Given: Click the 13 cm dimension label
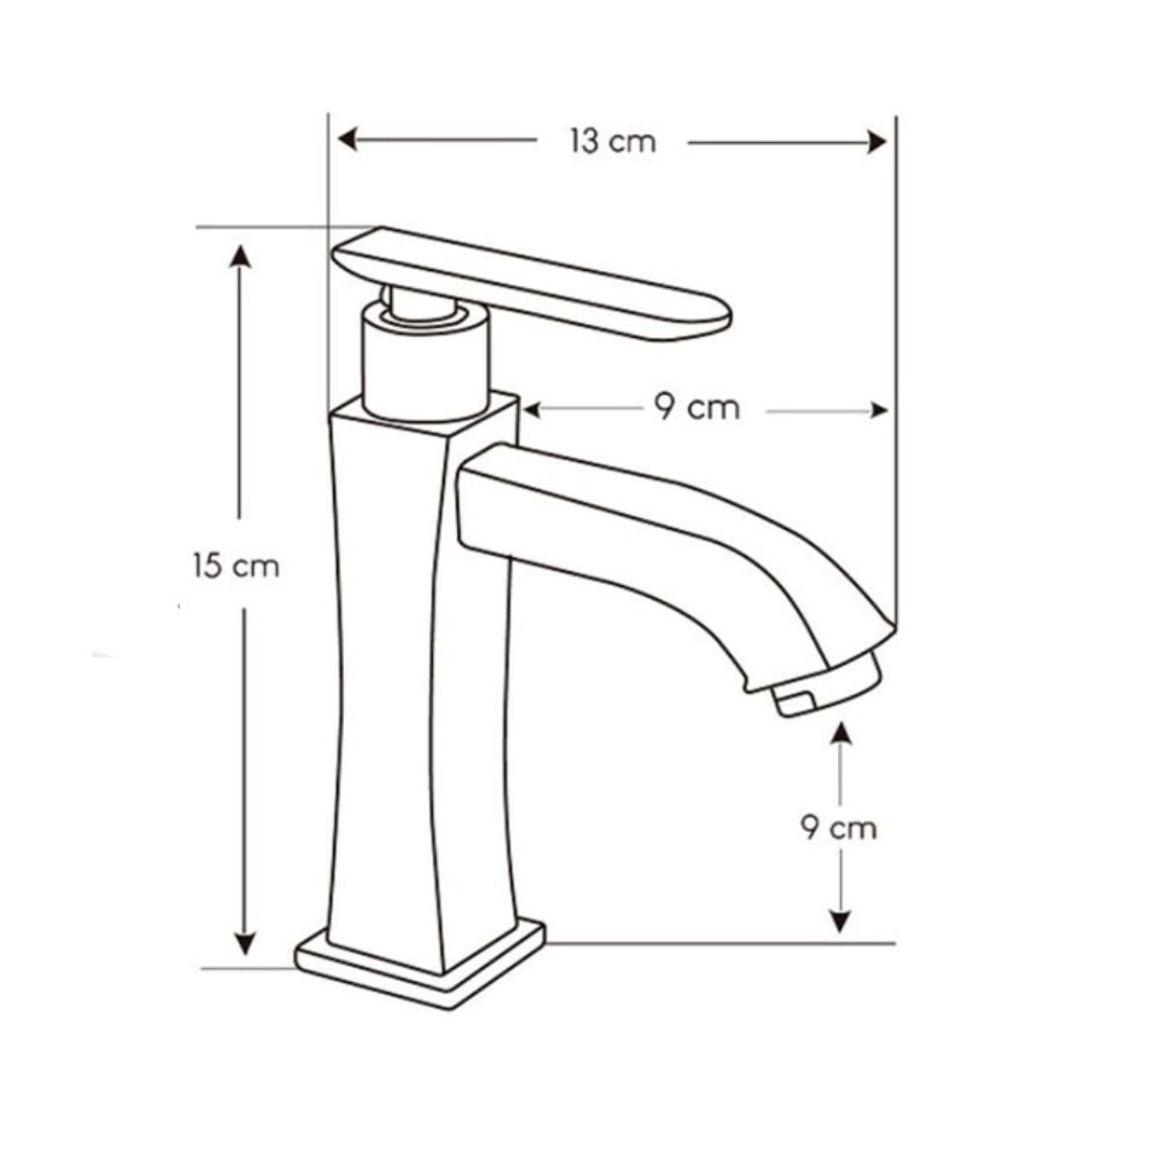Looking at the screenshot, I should tap(612, 142).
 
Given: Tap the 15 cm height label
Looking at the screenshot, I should tap(236, 565).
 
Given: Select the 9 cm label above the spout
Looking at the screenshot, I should tap(696, 409).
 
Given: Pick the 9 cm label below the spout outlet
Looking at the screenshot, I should tap(839, 827).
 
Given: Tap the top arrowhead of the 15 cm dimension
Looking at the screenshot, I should tap(242, 257).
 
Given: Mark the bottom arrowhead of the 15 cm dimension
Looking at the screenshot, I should tap(246, 943).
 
